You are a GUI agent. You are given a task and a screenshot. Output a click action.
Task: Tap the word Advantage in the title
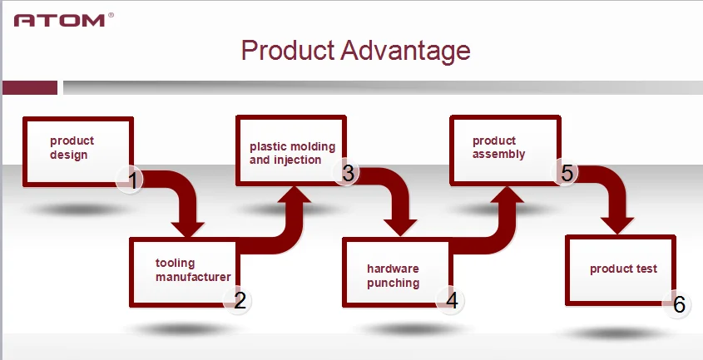click(406, 52)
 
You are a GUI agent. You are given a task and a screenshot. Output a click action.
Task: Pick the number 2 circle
click(240, 300)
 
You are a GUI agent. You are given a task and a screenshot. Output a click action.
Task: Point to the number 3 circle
click(348, 173)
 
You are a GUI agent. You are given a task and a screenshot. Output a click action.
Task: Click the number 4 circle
click(452, 299)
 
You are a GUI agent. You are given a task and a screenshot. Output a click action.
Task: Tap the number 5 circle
click(567, 173)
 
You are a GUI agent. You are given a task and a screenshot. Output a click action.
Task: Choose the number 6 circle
click(678, 305)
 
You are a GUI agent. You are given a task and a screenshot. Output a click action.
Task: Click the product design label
click(72, 147)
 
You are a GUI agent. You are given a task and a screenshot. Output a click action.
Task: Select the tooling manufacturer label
click(192, 270)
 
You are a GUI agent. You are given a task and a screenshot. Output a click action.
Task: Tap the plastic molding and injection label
click(292, 153)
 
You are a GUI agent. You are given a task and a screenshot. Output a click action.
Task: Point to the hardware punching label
click(393, 276)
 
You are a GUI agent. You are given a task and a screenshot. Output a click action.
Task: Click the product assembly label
click(498, 147)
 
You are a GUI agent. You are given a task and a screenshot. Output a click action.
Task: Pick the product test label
click(623, 269)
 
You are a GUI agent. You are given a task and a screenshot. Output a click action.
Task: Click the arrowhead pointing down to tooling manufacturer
click(187, 225)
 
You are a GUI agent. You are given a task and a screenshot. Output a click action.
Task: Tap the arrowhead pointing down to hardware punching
click(401, 225)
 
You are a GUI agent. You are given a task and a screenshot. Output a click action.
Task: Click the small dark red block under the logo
click(29, 87)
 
